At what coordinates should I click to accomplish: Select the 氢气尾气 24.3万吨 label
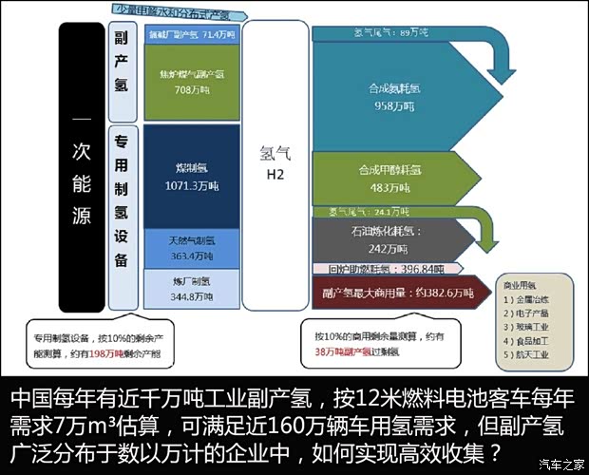click(366, 212)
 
